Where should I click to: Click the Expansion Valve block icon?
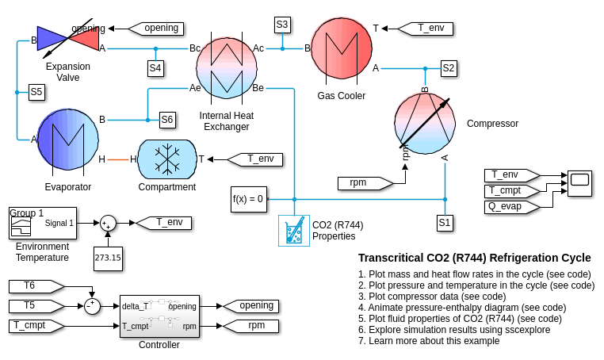pyautogui.click(x=68, y=38)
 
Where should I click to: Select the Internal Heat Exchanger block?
pyautogui.click(x=226, y=67)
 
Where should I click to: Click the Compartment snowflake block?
pyautogui.click(x=167, y=159)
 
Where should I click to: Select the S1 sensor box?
pyautogui.click(x=445, y=223)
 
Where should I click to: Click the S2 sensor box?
pyautogui.click(x=449, y=68)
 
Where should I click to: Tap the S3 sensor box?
pyautogui.click(x=282, y=25)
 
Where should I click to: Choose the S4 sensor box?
pyautogui.click(x=155, y=68)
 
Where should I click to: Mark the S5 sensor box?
pyautogui.click(x=36, y=92)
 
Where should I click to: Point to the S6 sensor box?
pyautogui.click(x=166, y=120)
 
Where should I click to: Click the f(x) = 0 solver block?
pyautogui.click(x=248, y=198)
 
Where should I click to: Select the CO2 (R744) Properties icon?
pyautogui.click(x=293, y=230)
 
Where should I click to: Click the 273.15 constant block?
pyautogui.click(x=108, y=258)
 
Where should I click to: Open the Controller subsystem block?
pyautogui.click(x=159, y=316)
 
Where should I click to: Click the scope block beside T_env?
pyautogui.click(x=579, y=182)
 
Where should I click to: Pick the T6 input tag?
pyautogui.click(x=34, y=285)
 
